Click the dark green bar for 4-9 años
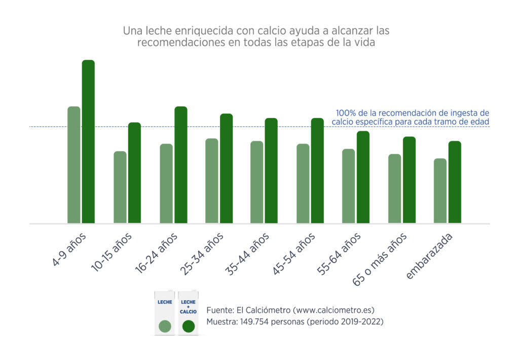(x=88, y=141)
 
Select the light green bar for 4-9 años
(x=74, y=165)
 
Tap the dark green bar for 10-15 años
(x=134, y=172)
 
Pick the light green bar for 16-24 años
(x=166, y=184)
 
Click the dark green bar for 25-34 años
(x=226, y=168)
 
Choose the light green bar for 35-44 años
(x=257, y=182)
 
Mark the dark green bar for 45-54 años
(x=317, y=170)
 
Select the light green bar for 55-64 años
(x=349, y=186)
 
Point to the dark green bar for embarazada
(x=455, y=182)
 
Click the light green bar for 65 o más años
(x=394, y=189)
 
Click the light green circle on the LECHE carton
(x=165, y=326)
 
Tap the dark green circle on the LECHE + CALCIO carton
(x=189, y=326)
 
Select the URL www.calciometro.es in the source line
(x=327, y=310)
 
